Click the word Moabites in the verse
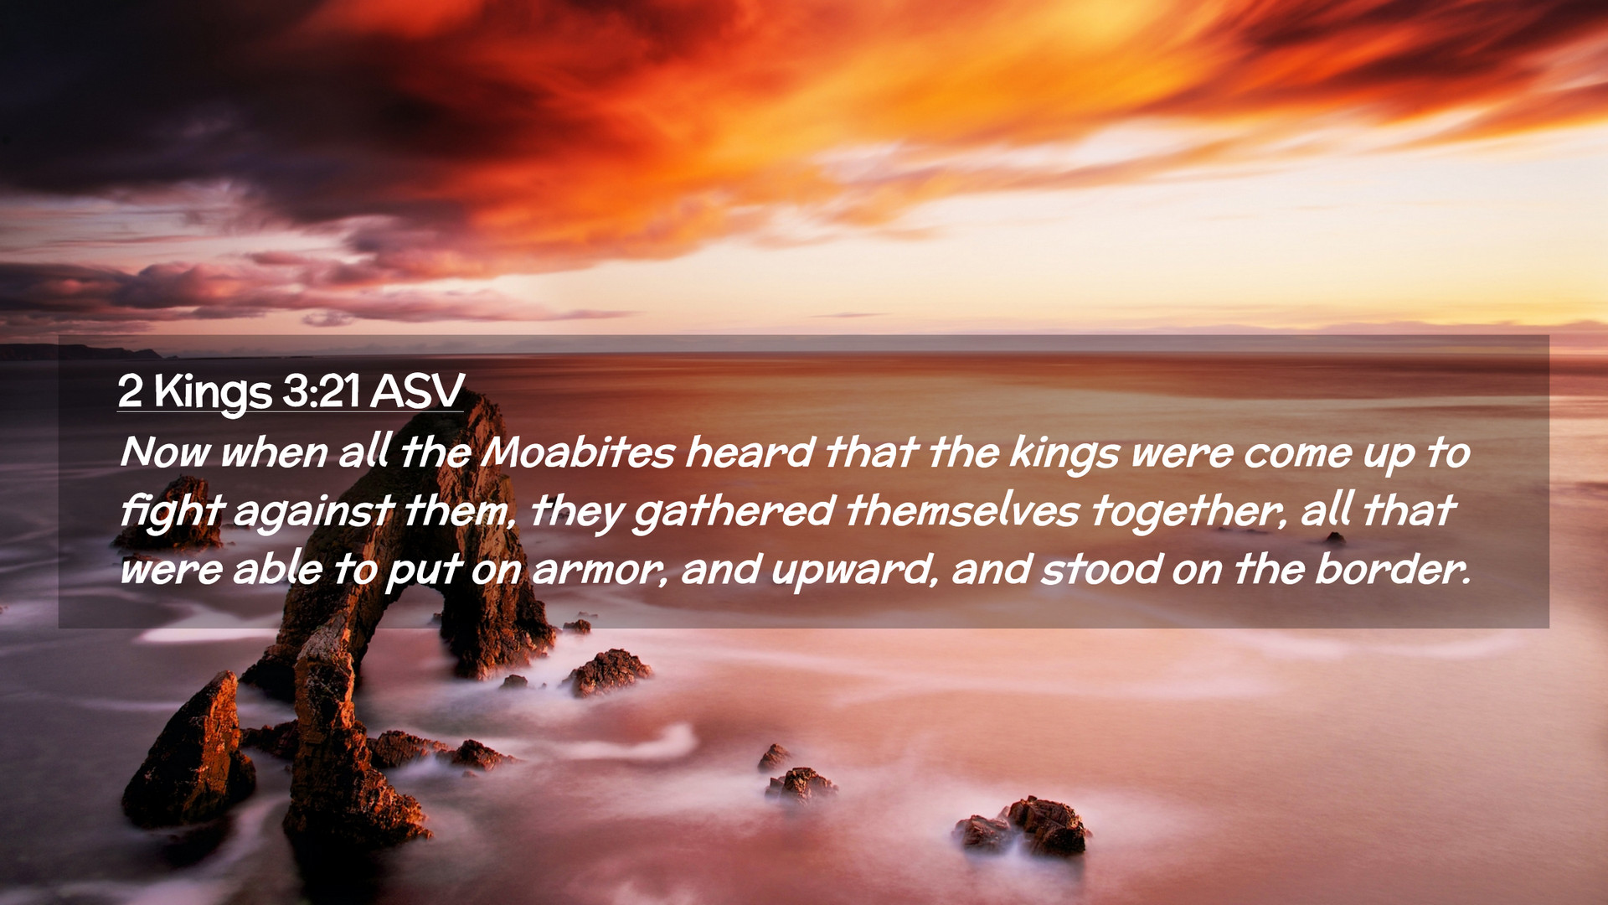pos(579,452)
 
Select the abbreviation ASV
pos(417,390)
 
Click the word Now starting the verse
pos(165,452)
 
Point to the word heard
pos(750,452)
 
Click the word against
pos(313,511)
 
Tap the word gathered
pos(734,511)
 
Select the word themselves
pos(962,511)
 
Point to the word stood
pos(1101,570)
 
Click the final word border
pos(1392,570)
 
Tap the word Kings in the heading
pos(213,392)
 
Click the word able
pos(277,570)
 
